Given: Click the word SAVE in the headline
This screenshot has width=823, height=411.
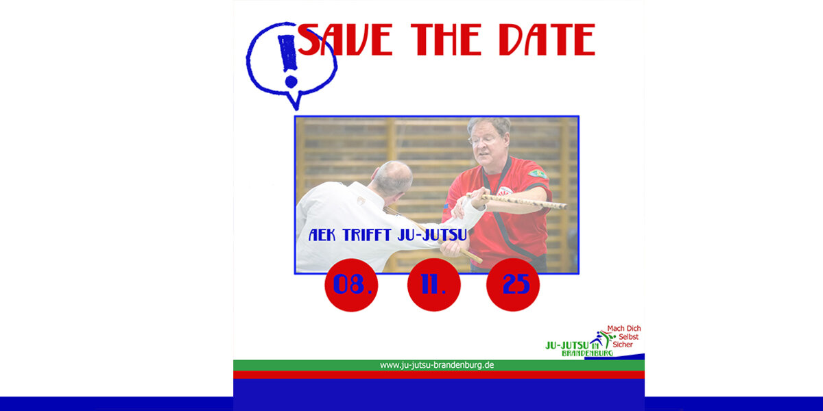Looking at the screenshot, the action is pos(345,40).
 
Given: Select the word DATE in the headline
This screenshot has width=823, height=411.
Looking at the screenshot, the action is pos(547,40).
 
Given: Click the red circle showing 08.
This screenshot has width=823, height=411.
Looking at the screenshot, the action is pos(351,285).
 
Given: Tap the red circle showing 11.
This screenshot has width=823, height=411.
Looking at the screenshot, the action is pos(434,285).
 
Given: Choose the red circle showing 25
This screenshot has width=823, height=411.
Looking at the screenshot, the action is pos(513,285).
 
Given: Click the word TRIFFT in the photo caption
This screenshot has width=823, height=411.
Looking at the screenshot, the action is pos(368,235).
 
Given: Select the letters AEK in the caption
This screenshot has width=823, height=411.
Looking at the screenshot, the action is pos(322,235).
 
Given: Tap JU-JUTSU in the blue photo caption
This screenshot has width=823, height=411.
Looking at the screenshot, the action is pos(433,235).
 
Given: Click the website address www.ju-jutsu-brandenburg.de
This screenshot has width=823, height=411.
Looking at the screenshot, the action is pos(437,365).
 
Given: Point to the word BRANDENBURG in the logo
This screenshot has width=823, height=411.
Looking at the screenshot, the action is pos(587,353).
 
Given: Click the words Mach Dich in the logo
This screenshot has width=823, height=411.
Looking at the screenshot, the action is pos(624,328).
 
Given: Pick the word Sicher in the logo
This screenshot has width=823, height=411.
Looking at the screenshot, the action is pos(623,345).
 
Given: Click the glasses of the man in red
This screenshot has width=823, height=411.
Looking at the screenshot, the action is pos(484,140).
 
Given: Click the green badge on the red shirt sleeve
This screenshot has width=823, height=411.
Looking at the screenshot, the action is pos(538,174).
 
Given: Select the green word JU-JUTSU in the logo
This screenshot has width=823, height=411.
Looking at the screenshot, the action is pos(567,345).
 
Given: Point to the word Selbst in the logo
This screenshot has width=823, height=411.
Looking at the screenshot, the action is pos(629,336).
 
